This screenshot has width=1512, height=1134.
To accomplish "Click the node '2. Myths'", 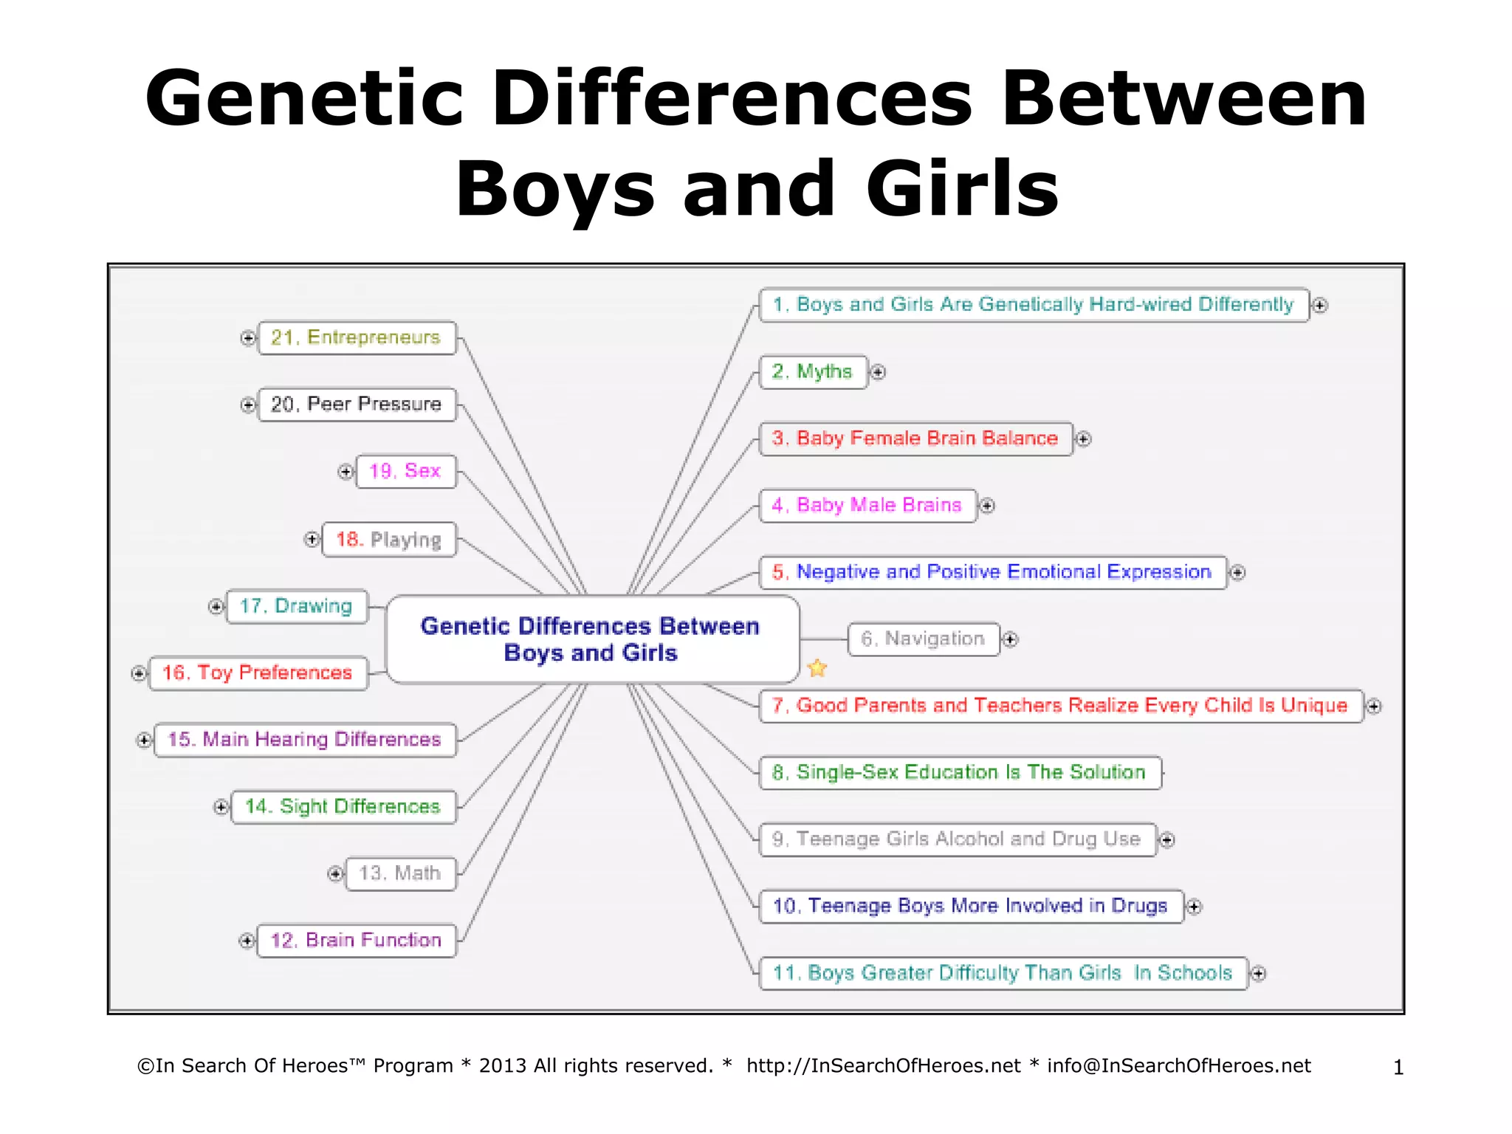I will (x=812, y=371).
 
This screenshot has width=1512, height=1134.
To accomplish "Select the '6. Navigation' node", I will (x=923, y=639).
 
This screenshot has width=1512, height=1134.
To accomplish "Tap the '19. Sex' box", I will (x=405, y=471).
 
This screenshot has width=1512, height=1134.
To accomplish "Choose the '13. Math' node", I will (x=400, y=873).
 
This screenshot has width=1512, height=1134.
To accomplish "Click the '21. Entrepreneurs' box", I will (x=356, y=337).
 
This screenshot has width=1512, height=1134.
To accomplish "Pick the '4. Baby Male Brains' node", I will (x=867, y=505).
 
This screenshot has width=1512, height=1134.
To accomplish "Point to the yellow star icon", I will (x=817, y=668).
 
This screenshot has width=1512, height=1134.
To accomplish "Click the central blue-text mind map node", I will (x=591, y=639).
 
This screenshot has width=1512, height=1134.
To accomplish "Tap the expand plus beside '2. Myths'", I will (x=878, y=372).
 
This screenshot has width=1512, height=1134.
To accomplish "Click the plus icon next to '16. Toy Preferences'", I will (x=139, y=673).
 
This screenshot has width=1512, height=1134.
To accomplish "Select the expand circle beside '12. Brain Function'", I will (x=247, y=941).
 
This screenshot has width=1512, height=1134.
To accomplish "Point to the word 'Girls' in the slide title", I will (x=962, y=189).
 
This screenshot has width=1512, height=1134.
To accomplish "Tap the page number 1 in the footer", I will (x=1398, y=1068).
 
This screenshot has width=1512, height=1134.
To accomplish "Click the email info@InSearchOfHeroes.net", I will (x=1179, y=1066).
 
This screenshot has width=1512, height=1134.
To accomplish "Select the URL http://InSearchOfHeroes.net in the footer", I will (x=883, y=1066).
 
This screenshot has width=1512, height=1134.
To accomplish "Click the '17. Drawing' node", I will (x=296, y=606).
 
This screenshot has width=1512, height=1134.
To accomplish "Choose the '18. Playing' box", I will (x=388, y=540).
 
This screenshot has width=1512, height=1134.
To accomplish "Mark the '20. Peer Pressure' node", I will (x=356, y=405).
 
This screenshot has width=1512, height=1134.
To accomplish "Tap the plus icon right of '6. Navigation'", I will (x=1011, y=639).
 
